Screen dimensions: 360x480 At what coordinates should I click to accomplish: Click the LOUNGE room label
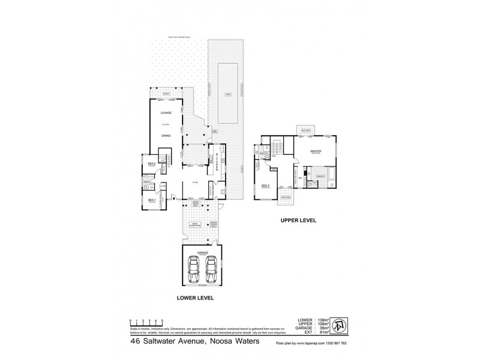tap(166, 113)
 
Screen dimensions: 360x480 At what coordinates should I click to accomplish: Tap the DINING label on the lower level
tap(166, 136)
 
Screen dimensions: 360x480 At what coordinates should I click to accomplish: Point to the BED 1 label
tap(151, 200)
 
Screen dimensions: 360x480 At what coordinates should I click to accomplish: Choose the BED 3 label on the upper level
tap(265, 186)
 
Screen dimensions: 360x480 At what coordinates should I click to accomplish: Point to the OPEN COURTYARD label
tap(194, 224)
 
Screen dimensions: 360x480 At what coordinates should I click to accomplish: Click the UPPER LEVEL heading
tap(298, 220)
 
